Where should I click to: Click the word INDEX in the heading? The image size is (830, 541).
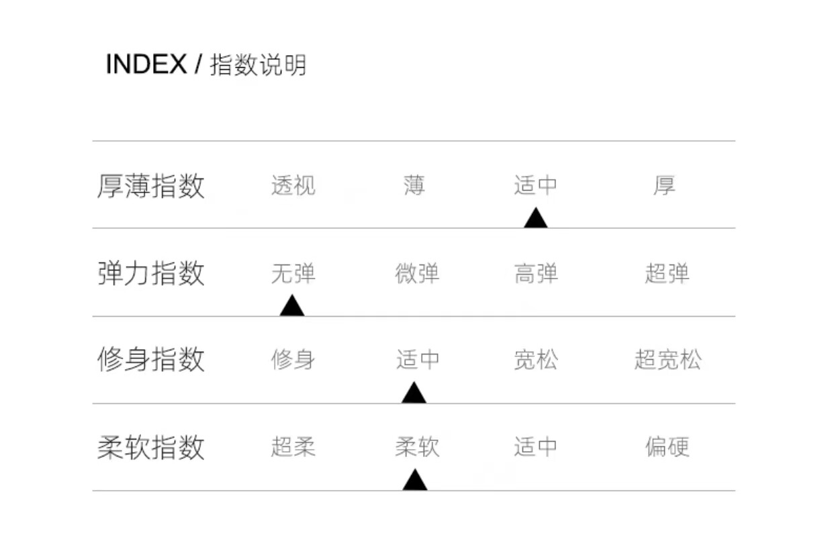pos(146,64)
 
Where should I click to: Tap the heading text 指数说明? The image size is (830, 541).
pos(258,65)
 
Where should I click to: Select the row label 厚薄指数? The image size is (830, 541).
pos(150,186)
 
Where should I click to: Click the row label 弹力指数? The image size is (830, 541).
pos(150,274)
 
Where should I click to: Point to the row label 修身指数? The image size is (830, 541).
pos(150,360)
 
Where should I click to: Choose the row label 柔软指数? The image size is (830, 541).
pos(150,447)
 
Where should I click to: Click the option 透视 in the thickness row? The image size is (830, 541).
pos(293,185)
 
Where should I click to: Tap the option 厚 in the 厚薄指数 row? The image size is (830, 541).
pos(664,185)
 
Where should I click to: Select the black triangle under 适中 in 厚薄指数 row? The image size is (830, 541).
pos(535,218)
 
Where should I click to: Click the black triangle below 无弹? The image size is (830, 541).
pos(292,305)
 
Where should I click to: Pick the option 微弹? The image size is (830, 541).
pos(417,274)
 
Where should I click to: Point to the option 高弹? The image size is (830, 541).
pos(536,274)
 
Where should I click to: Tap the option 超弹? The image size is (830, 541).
pos(667,274)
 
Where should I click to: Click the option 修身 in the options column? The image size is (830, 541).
pos(293,360)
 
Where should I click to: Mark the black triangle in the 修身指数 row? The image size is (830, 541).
pos(414,393)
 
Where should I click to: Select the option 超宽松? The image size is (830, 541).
pos(667,360)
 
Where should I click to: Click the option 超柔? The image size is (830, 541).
pos(293,447)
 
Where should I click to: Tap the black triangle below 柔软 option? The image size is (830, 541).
pos(414,480)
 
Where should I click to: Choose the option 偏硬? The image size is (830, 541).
pos(667,447)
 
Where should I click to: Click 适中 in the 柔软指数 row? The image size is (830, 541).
pos(536,447)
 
